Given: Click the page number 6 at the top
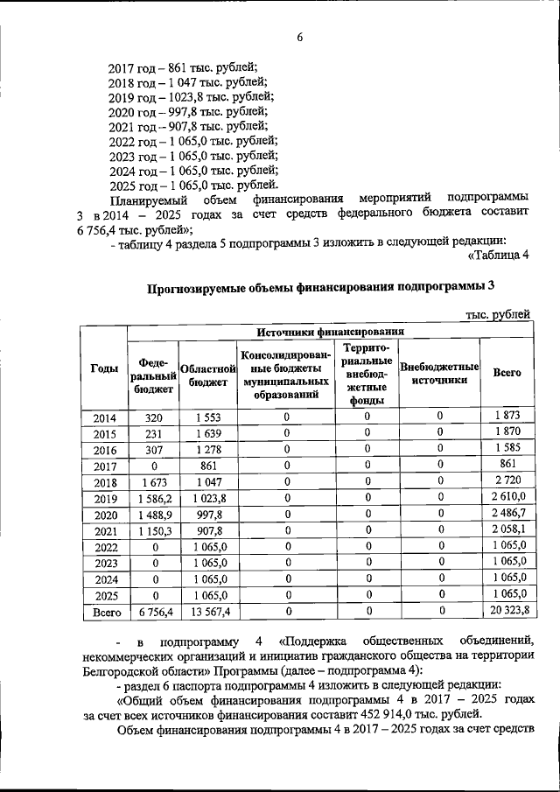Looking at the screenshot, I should pos(298,36).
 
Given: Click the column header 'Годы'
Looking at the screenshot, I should pos(104,370).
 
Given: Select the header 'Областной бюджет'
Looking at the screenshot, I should pos(204,375).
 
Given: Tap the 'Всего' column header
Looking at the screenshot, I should pos(507,372).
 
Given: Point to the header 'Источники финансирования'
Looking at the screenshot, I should pos(330,332).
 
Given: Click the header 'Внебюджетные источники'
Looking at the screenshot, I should pos(438,374).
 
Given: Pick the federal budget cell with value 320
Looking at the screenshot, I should pos(153,417).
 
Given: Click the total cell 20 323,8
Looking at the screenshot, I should pos(508,613).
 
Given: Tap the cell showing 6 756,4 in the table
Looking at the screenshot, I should pos(153,613).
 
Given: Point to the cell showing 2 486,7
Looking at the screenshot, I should pos(508,515).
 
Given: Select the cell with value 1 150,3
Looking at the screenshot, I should pos(153,531).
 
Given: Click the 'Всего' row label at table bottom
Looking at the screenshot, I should pos(105,613).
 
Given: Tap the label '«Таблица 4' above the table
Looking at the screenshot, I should pos(500,256).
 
